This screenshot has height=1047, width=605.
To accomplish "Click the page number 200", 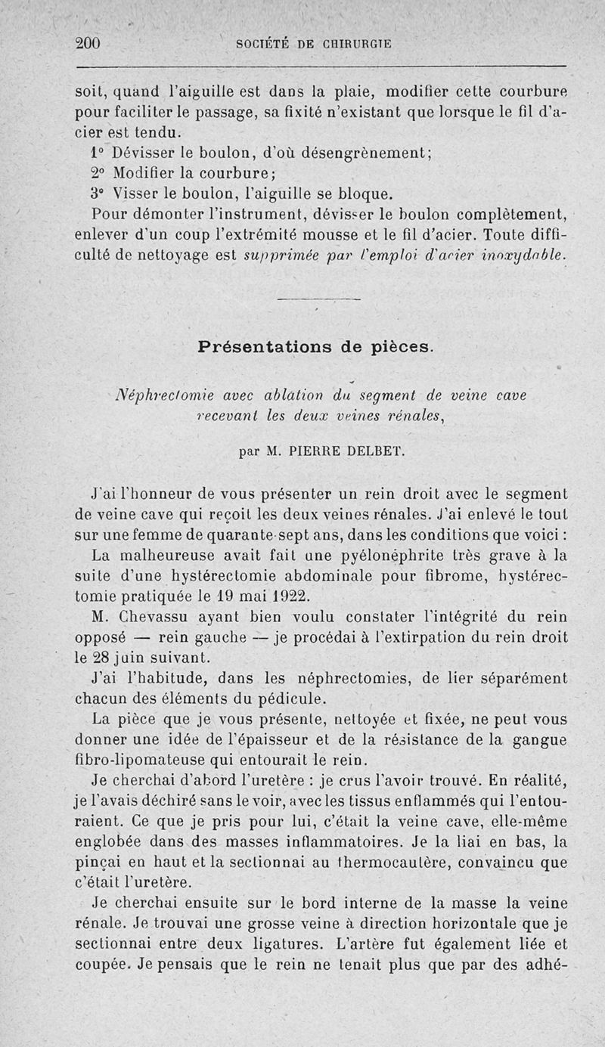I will coord(89,43).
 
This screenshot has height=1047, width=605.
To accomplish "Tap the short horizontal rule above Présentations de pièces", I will coord(318,300).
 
